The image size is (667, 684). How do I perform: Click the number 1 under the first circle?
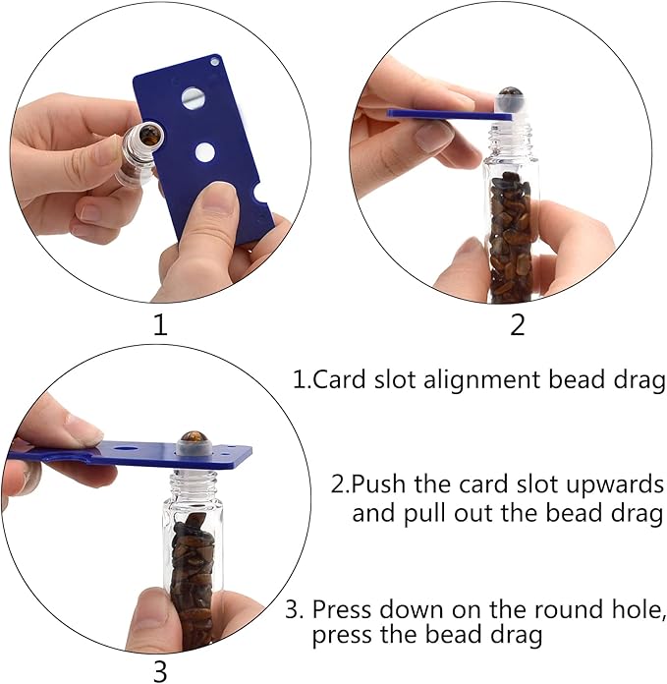tap(160, 324)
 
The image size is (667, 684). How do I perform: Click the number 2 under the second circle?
tap(517, 324)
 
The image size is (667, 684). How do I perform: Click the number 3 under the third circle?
tap(160, 671)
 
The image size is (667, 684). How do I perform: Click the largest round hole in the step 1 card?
tap(194, 98)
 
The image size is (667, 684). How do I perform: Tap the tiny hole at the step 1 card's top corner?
tap(215, 62)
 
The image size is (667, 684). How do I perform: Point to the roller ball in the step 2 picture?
tap(509, 98)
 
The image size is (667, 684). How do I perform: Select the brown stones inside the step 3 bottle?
tap(193, 570)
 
